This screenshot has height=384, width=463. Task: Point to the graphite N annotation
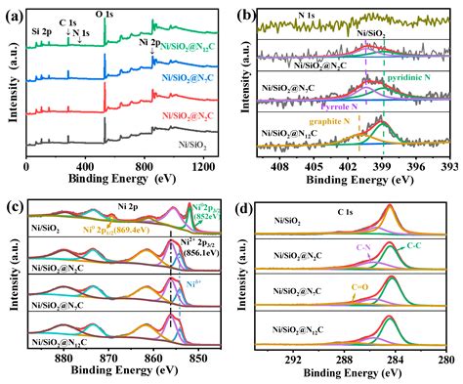[320, 123]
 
